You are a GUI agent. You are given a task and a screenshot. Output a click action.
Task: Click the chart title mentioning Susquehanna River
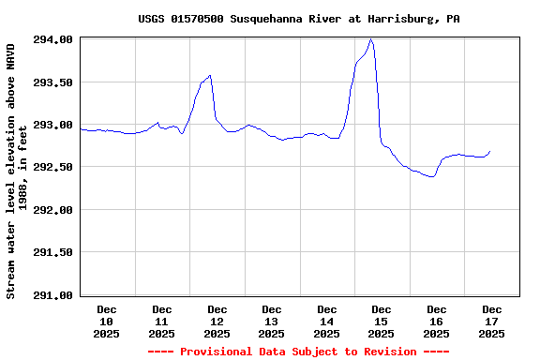(299, 19)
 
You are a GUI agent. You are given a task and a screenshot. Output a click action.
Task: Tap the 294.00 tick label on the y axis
(53, 40)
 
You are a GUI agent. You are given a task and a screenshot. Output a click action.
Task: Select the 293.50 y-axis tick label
(53, 82)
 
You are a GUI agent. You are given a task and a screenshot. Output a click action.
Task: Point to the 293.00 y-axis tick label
(53, 125)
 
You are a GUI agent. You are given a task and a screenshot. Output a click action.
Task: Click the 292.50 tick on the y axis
(53, 167)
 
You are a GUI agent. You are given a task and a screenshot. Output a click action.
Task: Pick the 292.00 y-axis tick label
(53, 210)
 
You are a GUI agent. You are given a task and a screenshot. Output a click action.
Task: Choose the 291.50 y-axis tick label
(53, 252)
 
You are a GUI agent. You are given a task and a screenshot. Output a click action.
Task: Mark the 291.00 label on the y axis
(53, 295)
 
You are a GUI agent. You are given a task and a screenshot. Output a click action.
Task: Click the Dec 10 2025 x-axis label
(107, 321)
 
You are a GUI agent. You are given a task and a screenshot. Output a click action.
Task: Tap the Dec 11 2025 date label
(161, 321)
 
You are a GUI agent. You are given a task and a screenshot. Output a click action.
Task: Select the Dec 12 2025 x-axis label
(217, 321)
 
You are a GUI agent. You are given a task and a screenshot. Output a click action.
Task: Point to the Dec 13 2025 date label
(272, 321)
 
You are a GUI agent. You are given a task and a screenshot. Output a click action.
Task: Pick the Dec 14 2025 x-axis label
(326, 321)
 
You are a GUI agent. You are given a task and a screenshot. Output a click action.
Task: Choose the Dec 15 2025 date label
(382, 321)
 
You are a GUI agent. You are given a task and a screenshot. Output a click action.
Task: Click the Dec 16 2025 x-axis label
(437, 321)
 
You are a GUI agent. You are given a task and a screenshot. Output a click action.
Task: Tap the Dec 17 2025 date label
(491, 321)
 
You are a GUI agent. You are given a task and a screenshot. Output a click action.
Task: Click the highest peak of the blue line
(371, 39)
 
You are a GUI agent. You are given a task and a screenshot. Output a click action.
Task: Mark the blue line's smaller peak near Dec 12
(210, 75)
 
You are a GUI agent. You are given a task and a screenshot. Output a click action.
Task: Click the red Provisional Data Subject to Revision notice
(299, 352)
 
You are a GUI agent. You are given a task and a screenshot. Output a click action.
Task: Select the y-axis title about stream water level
(17, 171)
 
